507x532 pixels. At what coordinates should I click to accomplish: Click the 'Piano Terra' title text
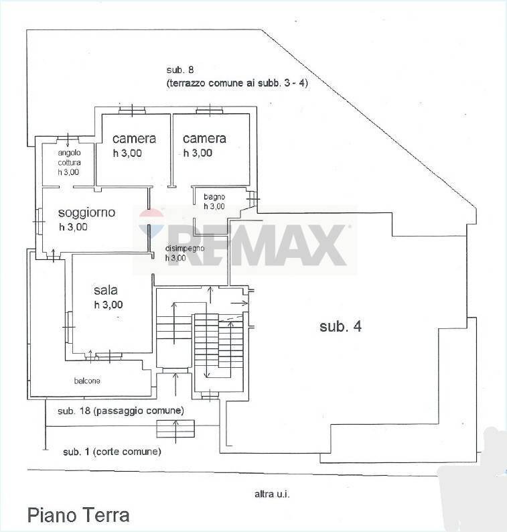tap(78, 515)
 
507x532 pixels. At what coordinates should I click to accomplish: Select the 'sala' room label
tap(106, 290)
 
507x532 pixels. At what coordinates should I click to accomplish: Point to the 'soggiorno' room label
tap(86, 212)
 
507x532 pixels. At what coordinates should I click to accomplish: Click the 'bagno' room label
tap(214, 196)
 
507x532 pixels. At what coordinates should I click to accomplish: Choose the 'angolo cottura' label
tap(69, 157)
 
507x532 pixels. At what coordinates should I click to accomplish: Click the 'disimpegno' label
tap(186, 248)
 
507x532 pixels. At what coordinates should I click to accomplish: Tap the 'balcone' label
tap(88, 381)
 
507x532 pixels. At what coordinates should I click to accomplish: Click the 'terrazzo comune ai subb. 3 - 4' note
tap(236, 84)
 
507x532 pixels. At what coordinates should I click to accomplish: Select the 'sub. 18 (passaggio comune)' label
tap(121, 410)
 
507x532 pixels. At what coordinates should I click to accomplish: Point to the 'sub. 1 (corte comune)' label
tap(112, 452)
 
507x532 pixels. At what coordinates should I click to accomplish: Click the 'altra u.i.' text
tap(271, 494)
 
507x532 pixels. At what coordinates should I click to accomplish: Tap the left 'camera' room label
tap(134, 139)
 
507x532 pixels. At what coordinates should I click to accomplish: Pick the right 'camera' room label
tap(204, 139)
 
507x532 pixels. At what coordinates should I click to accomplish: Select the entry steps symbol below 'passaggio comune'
tap(175, 428)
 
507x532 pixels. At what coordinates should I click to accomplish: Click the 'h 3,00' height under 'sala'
tap(108, 305)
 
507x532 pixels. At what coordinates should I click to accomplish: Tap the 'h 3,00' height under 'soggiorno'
tap(74, 227)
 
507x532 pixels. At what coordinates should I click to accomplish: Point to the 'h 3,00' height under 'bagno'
tap(214, 206)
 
